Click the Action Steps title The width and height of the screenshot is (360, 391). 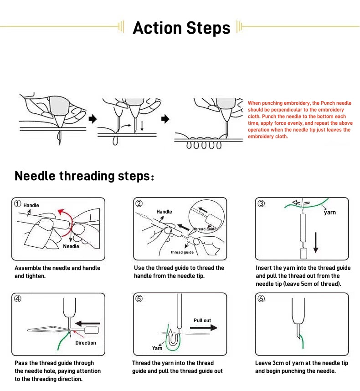[181, 28]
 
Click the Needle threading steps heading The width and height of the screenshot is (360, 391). [85, 176]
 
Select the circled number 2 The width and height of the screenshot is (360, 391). [139, 203]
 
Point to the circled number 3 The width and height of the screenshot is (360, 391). [261, 203]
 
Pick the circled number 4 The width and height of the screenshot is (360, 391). [18, 299]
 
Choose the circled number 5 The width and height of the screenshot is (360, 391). [139, 299]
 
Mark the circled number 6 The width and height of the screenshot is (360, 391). [261, 299]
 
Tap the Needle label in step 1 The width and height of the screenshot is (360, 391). [71, 246]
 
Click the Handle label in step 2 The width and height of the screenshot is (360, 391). [164, 212]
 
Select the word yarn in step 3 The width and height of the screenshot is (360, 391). [329, 213]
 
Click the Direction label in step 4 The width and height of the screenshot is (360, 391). [86, 343]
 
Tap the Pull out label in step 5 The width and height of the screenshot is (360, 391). [202, 320]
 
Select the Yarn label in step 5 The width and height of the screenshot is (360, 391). [157, 348]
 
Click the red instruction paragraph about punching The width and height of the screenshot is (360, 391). [299, 120]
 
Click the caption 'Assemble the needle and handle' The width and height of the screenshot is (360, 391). [57, 268]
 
